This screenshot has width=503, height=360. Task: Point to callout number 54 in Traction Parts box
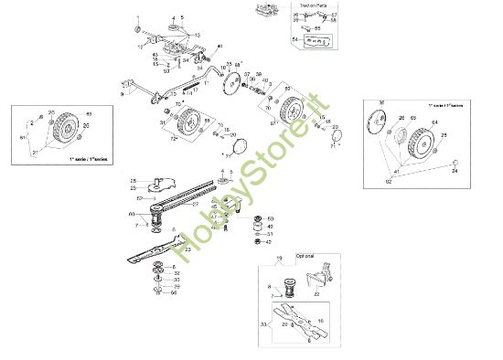[x=294, y=40]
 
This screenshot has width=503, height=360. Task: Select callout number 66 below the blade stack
[x=176, y=291]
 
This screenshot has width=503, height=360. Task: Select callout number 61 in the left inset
[x=25, y=137]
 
